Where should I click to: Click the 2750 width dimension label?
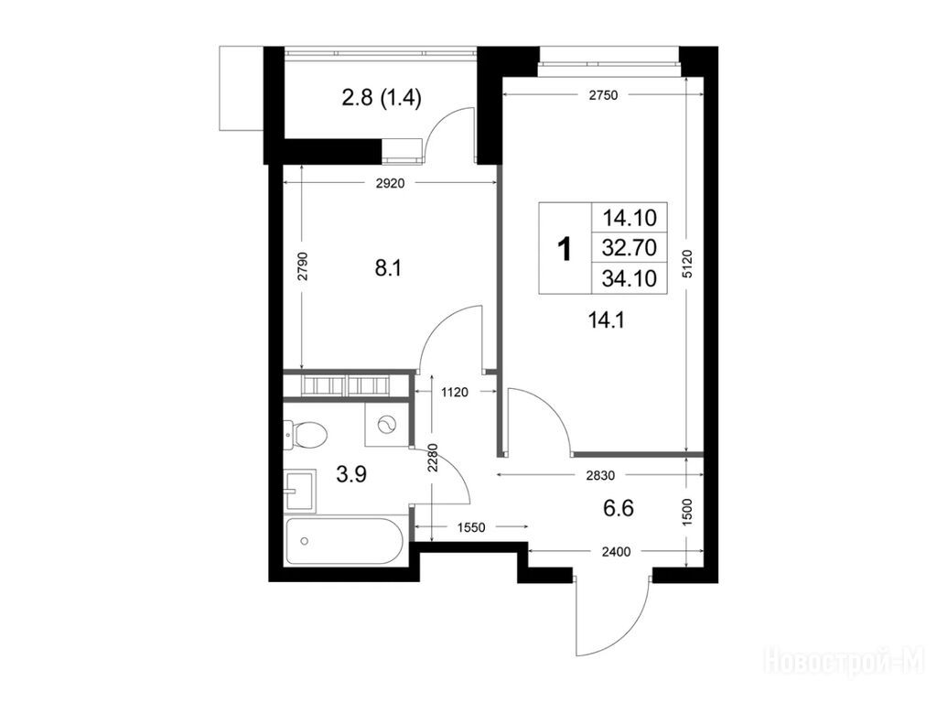click(x=603, y=95)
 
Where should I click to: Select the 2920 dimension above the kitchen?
click(x=390, y=183)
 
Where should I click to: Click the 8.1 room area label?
click(x=388, y=268)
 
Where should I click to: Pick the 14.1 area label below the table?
click(x=607, y=321)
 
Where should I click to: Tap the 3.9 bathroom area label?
click(x=351, y=475)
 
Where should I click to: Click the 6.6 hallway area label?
click(x=619, y=509)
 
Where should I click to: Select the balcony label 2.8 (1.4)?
click(x=382, y=97)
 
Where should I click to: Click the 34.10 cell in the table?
click(x=630, y=278)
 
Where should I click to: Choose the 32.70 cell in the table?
click(x=630, y=247)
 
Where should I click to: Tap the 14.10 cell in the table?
click(x=630, y=217)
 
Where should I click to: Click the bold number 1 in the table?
click(x=564, y=249)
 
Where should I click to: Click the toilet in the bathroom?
click(x=306, y=435)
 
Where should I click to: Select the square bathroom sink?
click(x=300, y=492)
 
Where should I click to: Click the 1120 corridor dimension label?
click(x=454, y=393)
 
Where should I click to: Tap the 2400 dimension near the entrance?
click(x=616, y=552)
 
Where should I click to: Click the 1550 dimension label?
click(x=471, y=528)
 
